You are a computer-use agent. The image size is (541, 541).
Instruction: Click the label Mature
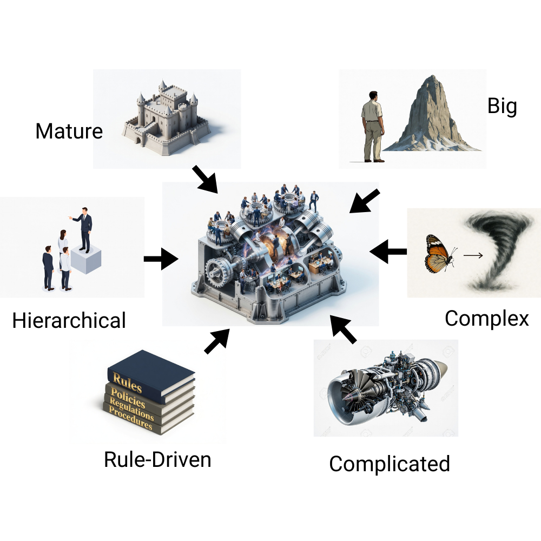tap(69, 131)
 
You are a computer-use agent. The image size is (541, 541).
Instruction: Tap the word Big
tap(502, 106)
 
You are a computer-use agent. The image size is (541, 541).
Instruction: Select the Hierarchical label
tap(69, 320)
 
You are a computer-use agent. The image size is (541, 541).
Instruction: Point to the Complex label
tap(486, 319)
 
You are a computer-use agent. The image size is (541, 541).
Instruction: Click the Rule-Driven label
tap(157, 459)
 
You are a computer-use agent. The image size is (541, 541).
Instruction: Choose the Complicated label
tap(390, 464)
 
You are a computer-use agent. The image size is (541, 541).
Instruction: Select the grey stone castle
tap(166, 117)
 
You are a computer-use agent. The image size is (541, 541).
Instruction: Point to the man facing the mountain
tap(373, 127)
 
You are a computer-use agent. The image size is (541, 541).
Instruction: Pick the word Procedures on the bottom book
tap(130, 418)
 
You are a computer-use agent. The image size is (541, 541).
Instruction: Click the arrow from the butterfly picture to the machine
tap(388, 252)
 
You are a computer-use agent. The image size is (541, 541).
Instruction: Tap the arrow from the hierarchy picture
tap(161, 259)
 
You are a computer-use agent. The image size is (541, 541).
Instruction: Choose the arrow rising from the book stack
tap(217, 341)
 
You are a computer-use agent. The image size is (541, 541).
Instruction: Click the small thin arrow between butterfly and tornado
tap(473, 255)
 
